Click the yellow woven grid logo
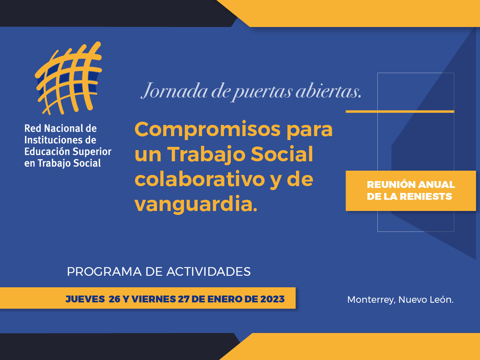(x=68, y=78)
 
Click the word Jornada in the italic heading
(x=174, y=91)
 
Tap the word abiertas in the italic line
(x=328, y=90)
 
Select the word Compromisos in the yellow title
(x=207, y=130)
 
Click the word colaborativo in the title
(x=200, y=179)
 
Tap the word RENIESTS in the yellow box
(x=426, y=197)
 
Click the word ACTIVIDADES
(x=208, y=272)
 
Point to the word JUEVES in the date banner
(x=85, y=299)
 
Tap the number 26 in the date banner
(x=115, y=299)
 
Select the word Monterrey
(x=371, y=300)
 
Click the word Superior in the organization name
(x=92, y=152)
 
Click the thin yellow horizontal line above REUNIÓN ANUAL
(x=400, y=112)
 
